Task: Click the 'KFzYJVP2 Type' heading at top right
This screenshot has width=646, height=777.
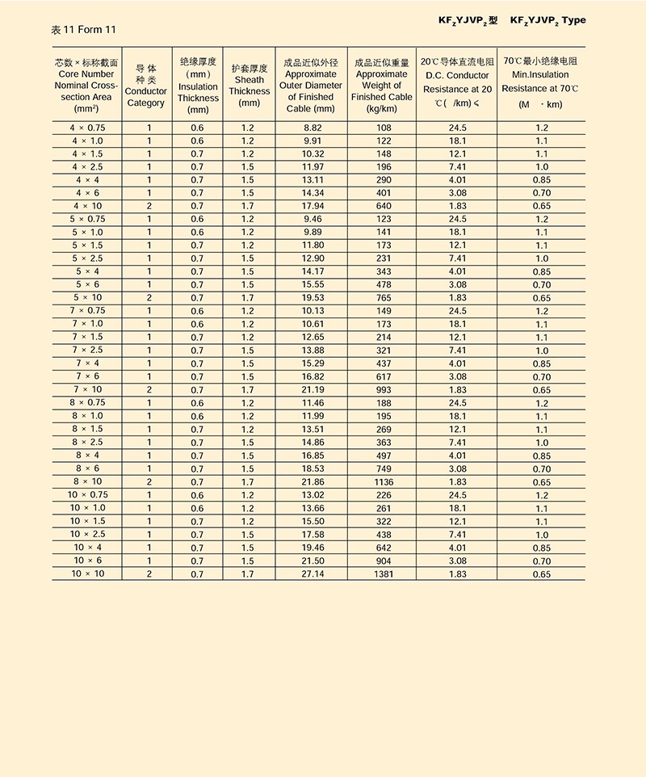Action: (548, 20)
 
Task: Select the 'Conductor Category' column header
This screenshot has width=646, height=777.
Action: (145, 86)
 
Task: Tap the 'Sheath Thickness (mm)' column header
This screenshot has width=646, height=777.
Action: (249, 86)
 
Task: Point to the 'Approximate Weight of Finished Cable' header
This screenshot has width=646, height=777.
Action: (382, 86)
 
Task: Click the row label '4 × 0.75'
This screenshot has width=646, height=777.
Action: (87, 128)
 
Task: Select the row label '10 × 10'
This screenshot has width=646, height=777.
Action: (87, 573)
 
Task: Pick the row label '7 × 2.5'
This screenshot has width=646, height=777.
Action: (87, 350)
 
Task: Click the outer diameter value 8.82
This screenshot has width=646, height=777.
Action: (312, 128)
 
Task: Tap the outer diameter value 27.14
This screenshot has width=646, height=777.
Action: (312, 573)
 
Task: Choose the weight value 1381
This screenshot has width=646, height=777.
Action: (384, 573)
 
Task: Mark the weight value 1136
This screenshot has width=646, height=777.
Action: (384, 481)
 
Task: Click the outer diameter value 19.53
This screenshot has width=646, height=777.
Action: (312, 297)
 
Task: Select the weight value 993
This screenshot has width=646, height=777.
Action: (384, 389)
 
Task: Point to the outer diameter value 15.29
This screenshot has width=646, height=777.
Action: (312, 363)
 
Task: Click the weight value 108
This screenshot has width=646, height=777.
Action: (384, 128)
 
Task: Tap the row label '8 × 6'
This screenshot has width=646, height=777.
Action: (87, 468)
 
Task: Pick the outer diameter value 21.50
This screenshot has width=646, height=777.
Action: (312, 561)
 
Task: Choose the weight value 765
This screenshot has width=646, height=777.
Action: (384, 297)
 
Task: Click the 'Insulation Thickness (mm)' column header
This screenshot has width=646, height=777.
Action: (198, 86)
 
